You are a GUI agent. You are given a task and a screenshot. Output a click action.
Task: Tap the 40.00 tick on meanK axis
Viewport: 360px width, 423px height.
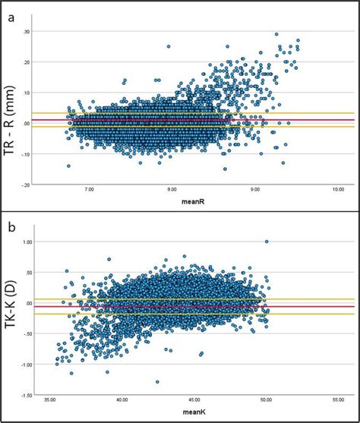122,400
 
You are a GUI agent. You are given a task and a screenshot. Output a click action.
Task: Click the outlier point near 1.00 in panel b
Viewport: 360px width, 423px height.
267,242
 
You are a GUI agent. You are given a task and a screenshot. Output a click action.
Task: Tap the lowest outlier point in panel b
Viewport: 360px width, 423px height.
157,382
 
